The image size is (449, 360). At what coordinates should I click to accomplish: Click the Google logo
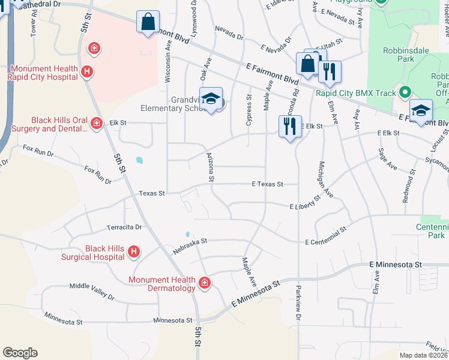click(20, 353)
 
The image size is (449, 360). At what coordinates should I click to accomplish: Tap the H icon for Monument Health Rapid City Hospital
click(87, 73)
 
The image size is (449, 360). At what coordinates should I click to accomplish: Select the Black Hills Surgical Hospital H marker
click(133, 252)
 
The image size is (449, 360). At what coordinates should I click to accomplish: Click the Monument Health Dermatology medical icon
click(204, 282)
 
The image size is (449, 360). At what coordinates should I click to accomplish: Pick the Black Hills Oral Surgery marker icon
click(96, 123)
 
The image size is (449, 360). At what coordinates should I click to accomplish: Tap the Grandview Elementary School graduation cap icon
click(211, 99)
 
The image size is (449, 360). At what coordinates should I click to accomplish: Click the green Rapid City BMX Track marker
click(405, 93)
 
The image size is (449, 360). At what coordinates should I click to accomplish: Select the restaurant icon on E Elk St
click(290, 126)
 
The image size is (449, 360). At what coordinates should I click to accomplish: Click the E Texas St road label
click(267, 184)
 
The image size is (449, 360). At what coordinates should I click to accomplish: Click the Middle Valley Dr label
click(91, 290)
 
